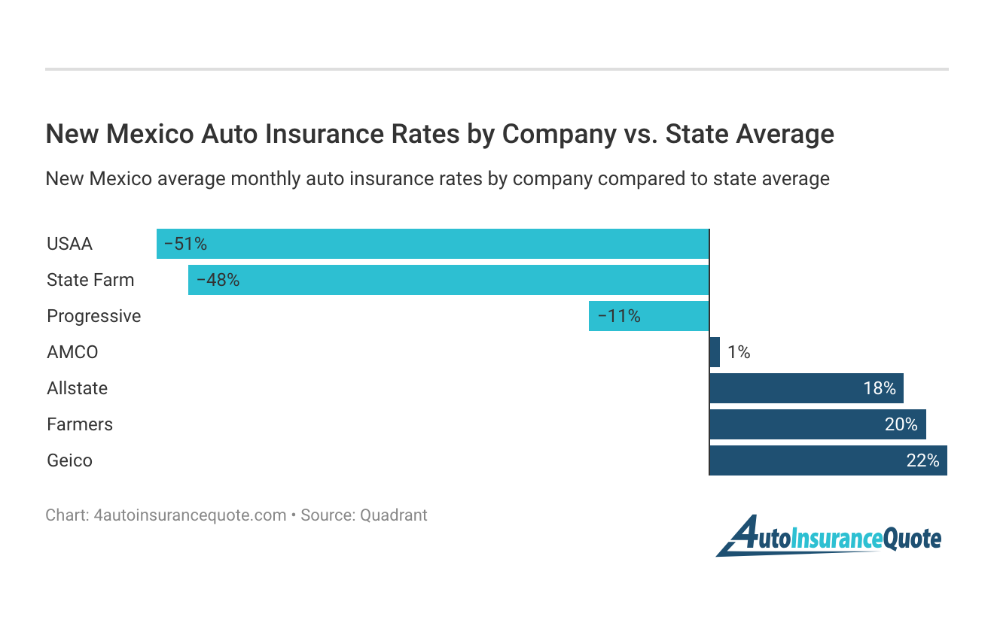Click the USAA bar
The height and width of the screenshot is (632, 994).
pyautogui.click(x=433, y=244)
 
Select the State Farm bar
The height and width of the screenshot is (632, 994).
pyautogui.click(x=449, y=280)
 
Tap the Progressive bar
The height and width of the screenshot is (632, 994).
pyautogui.click(x=649, y=316)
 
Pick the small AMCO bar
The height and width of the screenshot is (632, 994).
pyautogui.click(x=715, y=352)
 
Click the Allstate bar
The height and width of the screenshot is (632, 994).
pyautogui.click(x=806, y=388)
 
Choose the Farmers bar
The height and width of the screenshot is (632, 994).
pyautogui.click(x=817, y=424)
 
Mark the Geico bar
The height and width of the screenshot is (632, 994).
pyautogui.click(x=828, y=460)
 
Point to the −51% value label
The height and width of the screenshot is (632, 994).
pyautogui.click(x=185, y=244)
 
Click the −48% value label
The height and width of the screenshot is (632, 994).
pyautogui.click(x=218, y=280)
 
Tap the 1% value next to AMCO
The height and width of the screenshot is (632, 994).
pyautogui.click(x=739, y=352)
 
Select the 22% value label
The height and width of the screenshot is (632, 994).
pyautogui.click(x=922, y=460)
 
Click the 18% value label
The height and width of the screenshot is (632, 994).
pyautogui.click(x=879, y=388)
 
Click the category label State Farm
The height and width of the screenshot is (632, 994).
pyautogui.click(x=90, y=280)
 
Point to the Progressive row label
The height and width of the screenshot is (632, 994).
pyautogui.click(x=94, y=316)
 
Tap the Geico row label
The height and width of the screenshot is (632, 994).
pyautogui.click(x=69, y=460)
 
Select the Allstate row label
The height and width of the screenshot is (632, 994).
pyautogui.click(x=77, y=388)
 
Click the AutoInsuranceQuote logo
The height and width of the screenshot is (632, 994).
pyautogui.click(x=828, y=536)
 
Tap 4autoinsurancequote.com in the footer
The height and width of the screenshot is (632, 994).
pyautogui.click(x=190, y=515)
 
